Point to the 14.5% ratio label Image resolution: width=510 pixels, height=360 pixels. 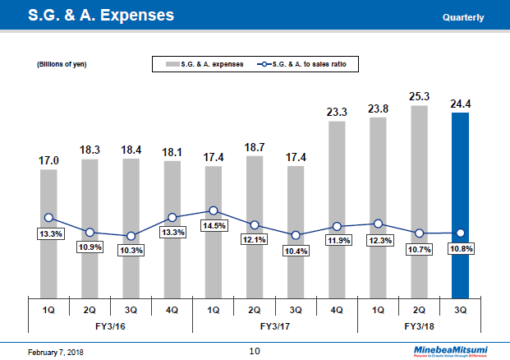[x=214, y=225]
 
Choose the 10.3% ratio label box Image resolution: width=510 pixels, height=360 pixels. [x=131, y=250]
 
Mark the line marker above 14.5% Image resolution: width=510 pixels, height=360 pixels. [x=214, y=211]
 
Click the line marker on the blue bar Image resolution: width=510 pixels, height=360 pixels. [x=461, y=233]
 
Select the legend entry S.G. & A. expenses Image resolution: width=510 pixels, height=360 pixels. [x=205, y=64]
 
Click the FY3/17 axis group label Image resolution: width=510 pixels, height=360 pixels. [x=275, y=326]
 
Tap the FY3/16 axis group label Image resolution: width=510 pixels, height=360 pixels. [x=110, y=326]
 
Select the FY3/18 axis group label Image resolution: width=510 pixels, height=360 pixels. [x=419, y=326]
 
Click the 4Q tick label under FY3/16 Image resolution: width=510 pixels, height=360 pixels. [x=172, y=310]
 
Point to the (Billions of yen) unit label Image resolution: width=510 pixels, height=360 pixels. [x=62, y=64]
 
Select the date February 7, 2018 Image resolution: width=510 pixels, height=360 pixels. [x=48, y=352]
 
